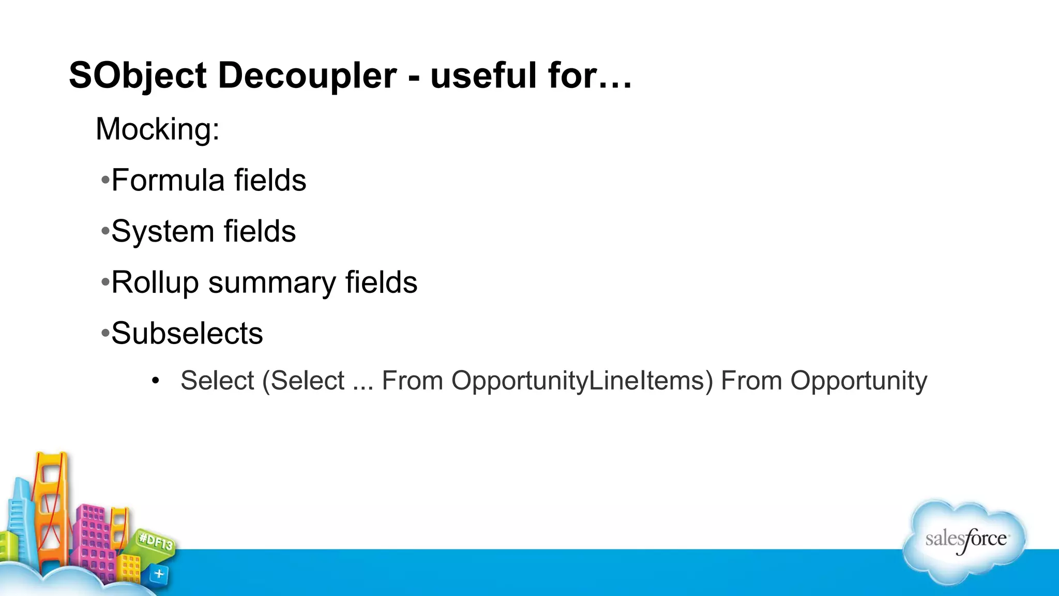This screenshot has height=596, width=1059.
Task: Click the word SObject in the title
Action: (x=138, y=76)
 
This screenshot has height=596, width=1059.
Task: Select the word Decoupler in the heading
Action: (x=307, y=76)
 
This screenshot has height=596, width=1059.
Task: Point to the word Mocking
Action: (x=157, y=129)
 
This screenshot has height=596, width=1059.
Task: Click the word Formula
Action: (x=168, y=180)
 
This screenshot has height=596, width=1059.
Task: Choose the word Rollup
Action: (x=155, y=283)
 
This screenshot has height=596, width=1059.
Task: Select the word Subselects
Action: (x=187, y=333)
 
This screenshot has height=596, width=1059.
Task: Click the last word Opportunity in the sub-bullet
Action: (x=858, y=381)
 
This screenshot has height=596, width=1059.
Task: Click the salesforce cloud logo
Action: (x=965, y=541)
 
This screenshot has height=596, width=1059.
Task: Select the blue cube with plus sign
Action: (x=159, y=573)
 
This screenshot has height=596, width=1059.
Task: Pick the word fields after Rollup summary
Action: (x=381, y=283)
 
